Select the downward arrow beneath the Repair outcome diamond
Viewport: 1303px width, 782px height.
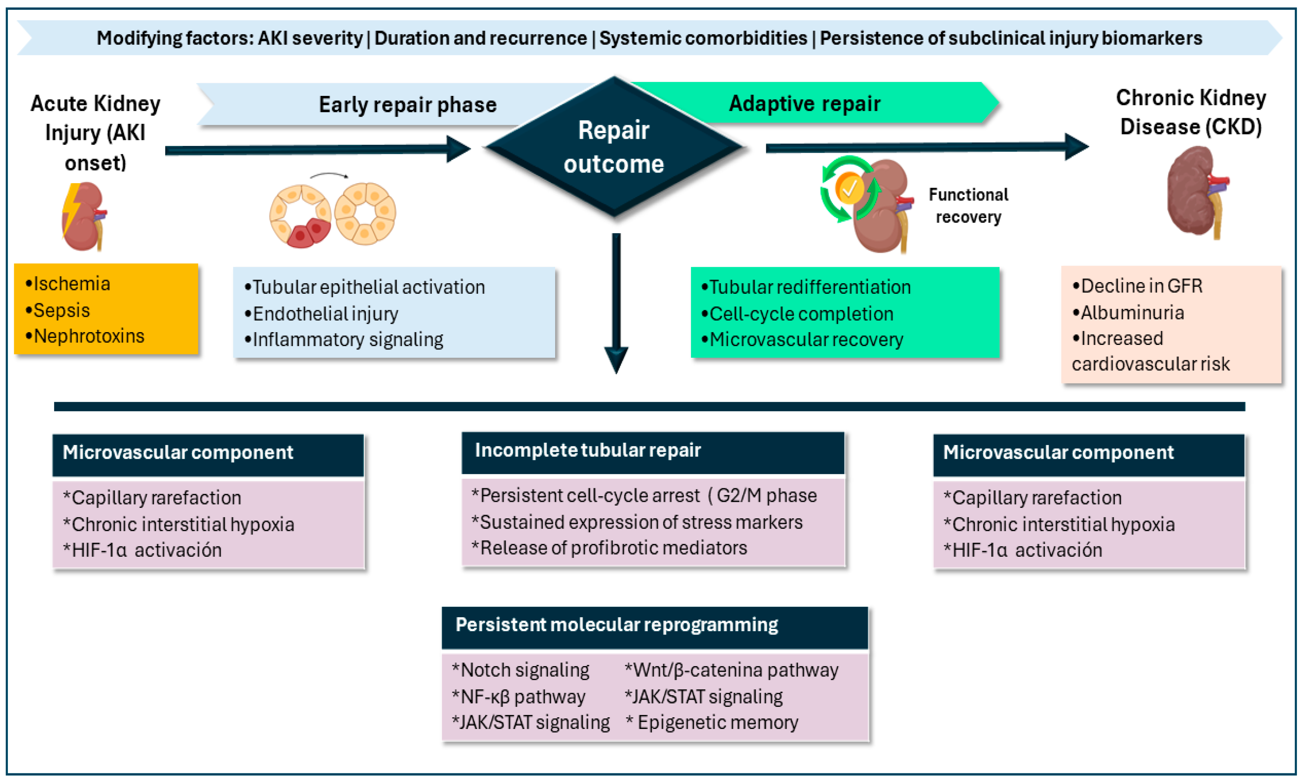(x=616, y=303)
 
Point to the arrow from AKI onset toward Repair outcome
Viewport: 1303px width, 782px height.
(x=318, y=150)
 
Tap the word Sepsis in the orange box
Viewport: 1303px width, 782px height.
(x=62, y=310)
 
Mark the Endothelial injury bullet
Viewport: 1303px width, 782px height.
(x=321, y=314)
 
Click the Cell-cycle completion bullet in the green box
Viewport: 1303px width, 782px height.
(x=797, y=314)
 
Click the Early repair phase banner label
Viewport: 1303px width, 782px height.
(x=408, y=105)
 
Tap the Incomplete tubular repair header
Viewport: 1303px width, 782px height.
(x=588, y=450)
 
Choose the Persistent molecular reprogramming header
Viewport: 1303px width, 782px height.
(x=617, y=624)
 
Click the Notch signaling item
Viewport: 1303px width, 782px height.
(x=520, y=670)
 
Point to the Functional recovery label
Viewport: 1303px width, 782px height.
(x=968, y=205)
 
